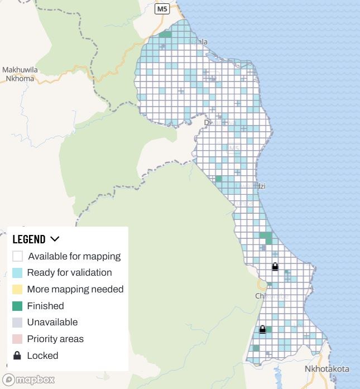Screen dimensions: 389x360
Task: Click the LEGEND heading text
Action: click(29, 239)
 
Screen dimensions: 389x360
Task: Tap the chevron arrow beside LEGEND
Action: click(55, 239)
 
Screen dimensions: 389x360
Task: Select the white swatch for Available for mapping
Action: click(18, 257)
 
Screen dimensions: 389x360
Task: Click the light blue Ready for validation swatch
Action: click(18, 273)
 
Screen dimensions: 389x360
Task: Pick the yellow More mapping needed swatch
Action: click(18, 289)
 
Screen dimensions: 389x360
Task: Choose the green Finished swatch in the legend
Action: click(18, 306)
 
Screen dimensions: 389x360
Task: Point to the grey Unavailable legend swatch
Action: click(18, 322)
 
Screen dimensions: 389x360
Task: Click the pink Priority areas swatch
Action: click(18, 339)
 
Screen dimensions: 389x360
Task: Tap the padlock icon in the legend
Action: click(18, 356)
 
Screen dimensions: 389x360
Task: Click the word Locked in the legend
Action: click(42, 356)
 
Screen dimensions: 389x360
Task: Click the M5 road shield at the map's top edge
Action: click(162, 9)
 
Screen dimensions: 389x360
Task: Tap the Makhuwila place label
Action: click(20, 70)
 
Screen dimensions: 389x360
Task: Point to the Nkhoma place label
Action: click(20, 79)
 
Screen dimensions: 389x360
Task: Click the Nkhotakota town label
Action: click(327, 369)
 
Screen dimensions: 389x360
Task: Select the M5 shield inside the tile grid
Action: click(233, 148)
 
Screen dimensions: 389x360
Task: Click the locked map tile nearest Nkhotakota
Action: click(262, 330)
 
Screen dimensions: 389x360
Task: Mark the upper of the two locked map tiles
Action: click(275, 267)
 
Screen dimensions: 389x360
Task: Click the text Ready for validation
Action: click(69, 273)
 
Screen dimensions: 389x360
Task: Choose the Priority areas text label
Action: click(55, 339)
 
